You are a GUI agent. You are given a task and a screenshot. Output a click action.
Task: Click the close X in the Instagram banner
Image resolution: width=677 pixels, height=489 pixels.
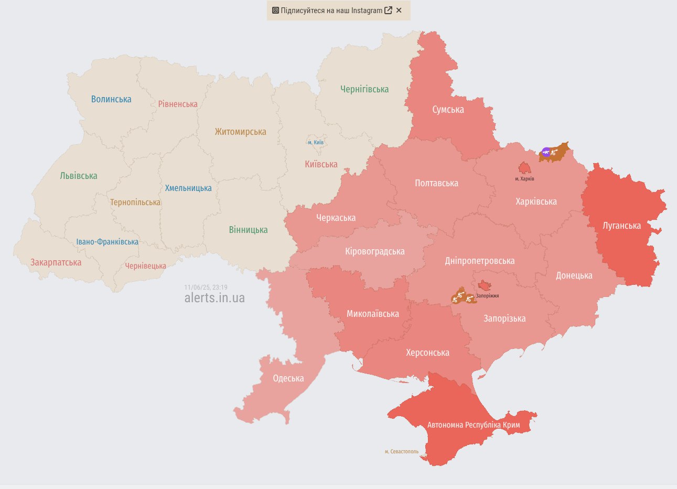[x=399, y=10]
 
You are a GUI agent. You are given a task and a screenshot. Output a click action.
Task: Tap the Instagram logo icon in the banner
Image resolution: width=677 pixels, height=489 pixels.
[x=275, y=10]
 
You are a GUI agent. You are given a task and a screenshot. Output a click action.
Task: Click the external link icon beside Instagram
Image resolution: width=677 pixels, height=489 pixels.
[x=388, y=10]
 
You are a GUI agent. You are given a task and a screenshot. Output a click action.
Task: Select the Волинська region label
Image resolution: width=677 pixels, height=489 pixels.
[x=111, y=99]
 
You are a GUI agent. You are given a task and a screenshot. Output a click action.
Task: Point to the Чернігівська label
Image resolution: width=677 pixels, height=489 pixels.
[x=364, y=89]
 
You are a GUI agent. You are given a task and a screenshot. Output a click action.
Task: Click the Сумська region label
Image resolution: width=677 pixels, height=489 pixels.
[x=448, y=110]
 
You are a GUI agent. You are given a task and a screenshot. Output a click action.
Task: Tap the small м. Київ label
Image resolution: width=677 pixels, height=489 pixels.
[x=316, y=142]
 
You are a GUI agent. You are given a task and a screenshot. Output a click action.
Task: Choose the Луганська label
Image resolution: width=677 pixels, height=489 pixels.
[x=621, y=226]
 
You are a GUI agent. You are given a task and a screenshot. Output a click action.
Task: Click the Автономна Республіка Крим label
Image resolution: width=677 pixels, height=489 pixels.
[x=474, y=425]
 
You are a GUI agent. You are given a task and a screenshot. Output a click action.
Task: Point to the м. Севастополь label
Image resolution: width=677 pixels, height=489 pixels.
[x=402, y=451]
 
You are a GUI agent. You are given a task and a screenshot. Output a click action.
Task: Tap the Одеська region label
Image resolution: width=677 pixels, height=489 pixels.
[x=288, y=378]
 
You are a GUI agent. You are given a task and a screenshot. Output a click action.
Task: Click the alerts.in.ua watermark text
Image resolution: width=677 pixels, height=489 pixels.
[x=214, y=298]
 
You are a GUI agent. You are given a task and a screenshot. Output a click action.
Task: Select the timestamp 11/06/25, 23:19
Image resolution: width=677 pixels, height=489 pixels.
[x=206, y=288]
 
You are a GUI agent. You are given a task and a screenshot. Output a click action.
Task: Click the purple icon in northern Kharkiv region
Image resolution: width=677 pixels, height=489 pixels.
[x=546, y=153]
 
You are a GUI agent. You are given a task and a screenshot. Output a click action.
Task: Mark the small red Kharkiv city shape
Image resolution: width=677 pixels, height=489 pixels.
[x=524, y=168]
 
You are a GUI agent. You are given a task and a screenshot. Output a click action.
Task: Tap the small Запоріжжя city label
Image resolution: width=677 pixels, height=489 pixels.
[x=487, y=296]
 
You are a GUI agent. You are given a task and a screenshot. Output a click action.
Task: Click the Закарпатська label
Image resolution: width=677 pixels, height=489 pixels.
[x=56, y=262]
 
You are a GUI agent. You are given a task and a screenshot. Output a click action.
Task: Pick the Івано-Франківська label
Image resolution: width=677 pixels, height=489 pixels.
[x=108, y=242]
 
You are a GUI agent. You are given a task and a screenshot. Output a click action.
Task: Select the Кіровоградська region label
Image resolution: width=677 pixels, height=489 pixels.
[x=374, y=251]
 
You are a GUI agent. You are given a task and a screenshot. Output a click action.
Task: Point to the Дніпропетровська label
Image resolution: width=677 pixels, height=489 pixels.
[x=479, y=261]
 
